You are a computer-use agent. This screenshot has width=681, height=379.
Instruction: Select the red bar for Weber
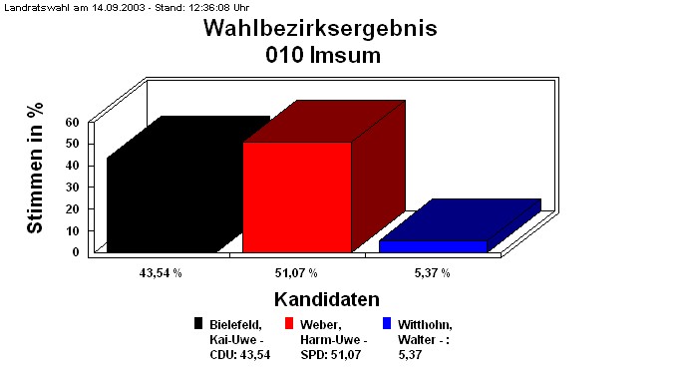(x=297, y=196)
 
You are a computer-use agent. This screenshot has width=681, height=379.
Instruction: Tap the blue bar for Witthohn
(x=433, y=246)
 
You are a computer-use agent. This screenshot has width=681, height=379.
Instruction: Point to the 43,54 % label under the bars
(x=161, y=272)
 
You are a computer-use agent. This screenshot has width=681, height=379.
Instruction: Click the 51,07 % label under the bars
(x=297, y=272)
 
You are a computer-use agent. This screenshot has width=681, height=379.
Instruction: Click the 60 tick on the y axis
(x=72, y=122)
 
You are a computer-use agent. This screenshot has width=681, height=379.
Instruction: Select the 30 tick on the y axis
(x=72, y=187)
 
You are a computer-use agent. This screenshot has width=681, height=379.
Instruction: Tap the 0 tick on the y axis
(x=75, y=251)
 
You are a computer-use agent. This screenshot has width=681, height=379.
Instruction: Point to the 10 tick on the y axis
(x=72, y=230)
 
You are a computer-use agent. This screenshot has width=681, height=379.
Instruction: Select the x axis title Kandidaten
(x=326, y=299)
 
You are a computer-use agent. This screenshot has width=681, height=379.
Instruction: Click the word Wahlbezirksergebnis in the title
(x=320, y=28)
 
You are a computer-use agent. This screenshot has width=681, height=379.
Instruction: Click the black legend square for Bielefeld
(x=199, y=323)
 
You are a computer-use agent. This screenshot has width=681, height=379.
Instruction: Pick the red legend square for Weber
(x=290, y=323)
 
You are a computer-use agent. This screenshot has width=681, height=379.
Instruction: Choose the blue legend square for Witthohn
(x=388, y=323)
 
